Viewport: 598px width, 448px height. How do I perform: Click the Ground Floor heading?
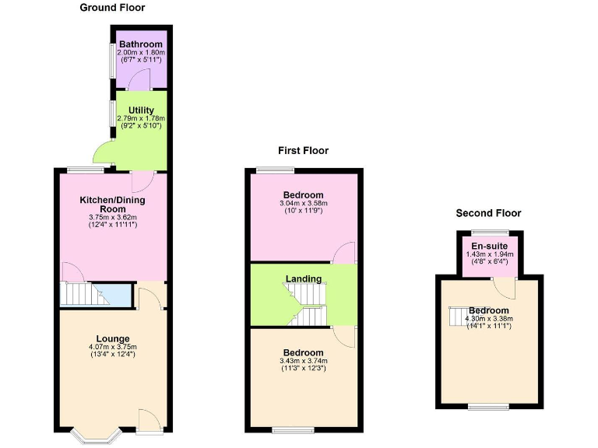tap(112, 8)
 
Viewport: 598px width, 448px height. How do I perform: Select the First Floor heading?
tap(303, 151)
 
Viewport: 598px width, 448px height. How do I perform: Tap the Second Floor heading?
tap(488, 213)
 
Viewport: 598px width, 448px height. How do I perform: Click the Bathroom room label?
tap(141, 44)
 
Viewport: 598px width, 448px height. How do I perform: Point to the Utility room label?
tap(141, 110)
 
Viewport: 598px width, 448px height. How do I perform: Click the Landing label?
tap(303, 278)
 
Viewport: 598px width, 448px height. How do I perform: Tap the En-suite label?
tap(489, 246)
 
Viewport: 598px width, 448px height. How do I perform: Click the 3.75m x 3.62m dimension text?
tap(112, 217)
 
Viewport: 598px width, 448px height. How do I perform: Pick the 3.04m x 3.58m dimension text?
tap(303, 204)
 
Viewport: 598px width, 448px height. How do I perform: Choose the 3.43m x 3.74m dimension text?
tap(303, 360)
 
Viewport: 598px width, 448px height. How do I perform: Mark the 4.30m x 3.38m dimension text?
tap(489, 318)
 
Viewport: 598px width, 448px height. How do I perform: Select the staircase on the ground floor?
tap(86, 293)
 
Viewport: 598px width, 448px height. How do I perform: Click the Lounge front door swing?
tap(149, 419)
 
